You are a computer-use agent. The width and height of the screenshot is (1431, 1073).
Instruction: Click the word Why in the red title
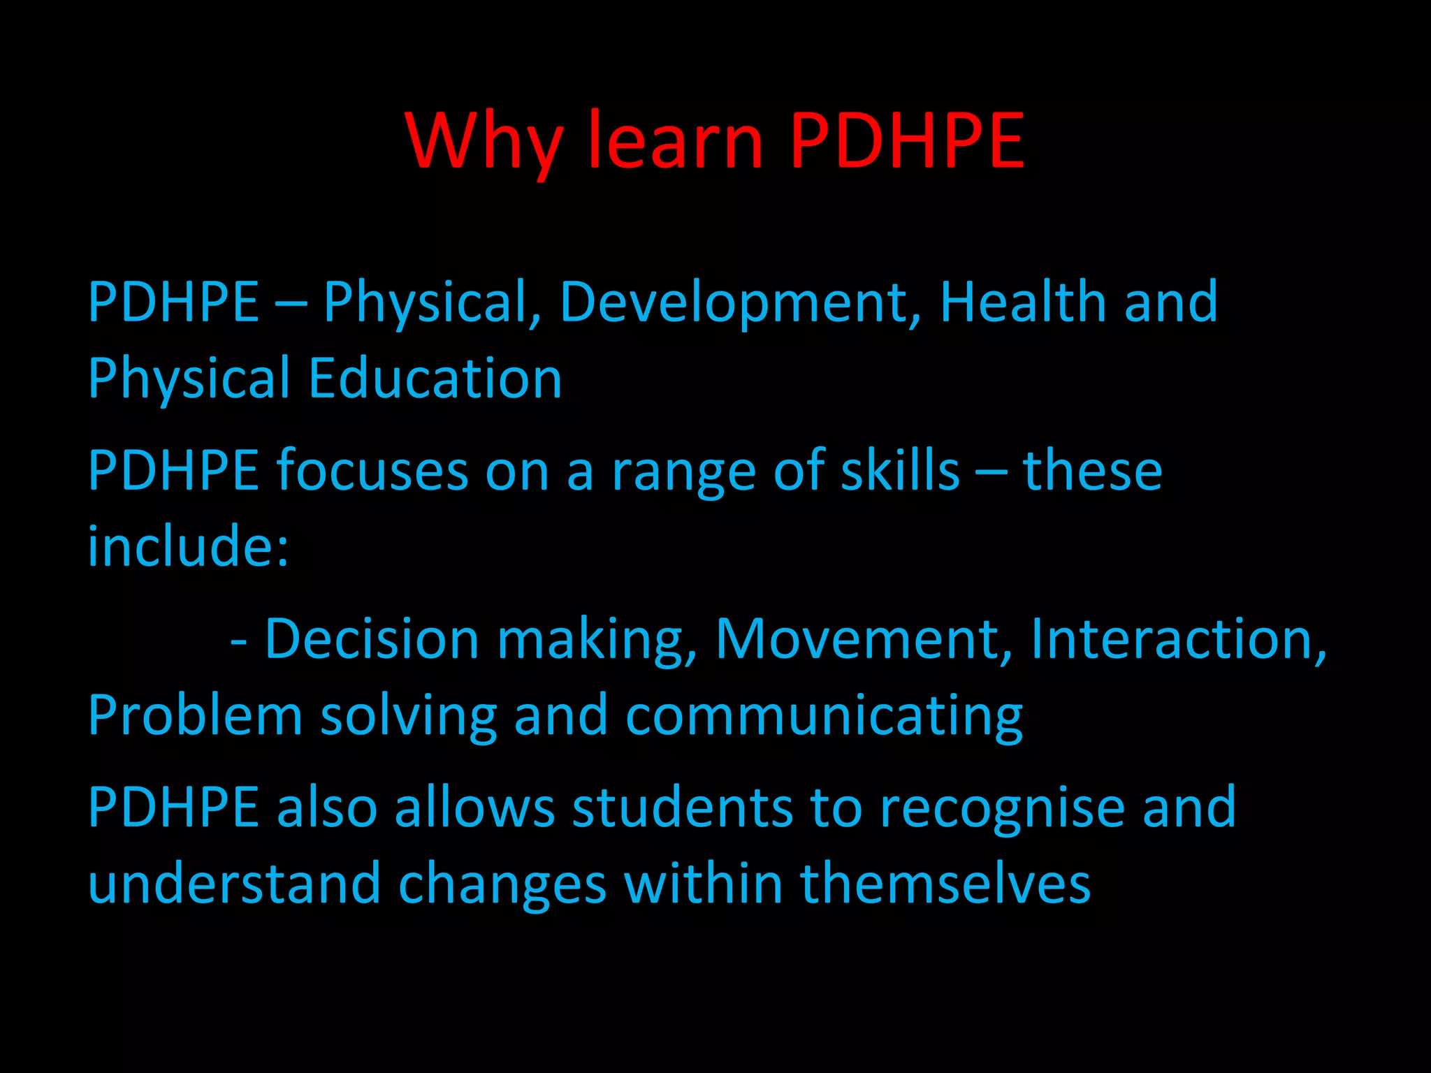484,141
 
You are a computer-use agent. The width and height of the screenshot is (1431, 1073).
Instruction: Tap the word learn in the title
676,141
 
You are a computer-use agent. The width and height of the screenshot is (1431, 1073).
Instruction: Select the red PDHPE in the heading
907,141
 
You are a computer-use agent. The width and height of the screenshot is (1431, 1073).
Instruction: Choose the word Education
435,379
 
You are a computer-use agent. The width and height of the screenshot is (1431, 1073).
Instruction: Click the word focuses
372,471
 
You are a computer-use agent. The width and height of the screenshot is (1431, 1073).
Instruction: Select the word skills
900,471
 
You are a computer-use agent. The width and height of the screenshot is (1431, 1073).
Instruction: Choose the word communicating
825,718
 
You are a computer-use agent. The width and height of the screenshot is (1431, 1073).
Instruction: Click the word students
683,808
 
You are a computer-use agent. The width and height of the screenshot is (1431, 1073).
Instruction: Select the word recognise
1001,809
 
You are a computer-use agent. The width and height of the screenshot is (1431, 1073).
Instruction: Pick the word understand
234,884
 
